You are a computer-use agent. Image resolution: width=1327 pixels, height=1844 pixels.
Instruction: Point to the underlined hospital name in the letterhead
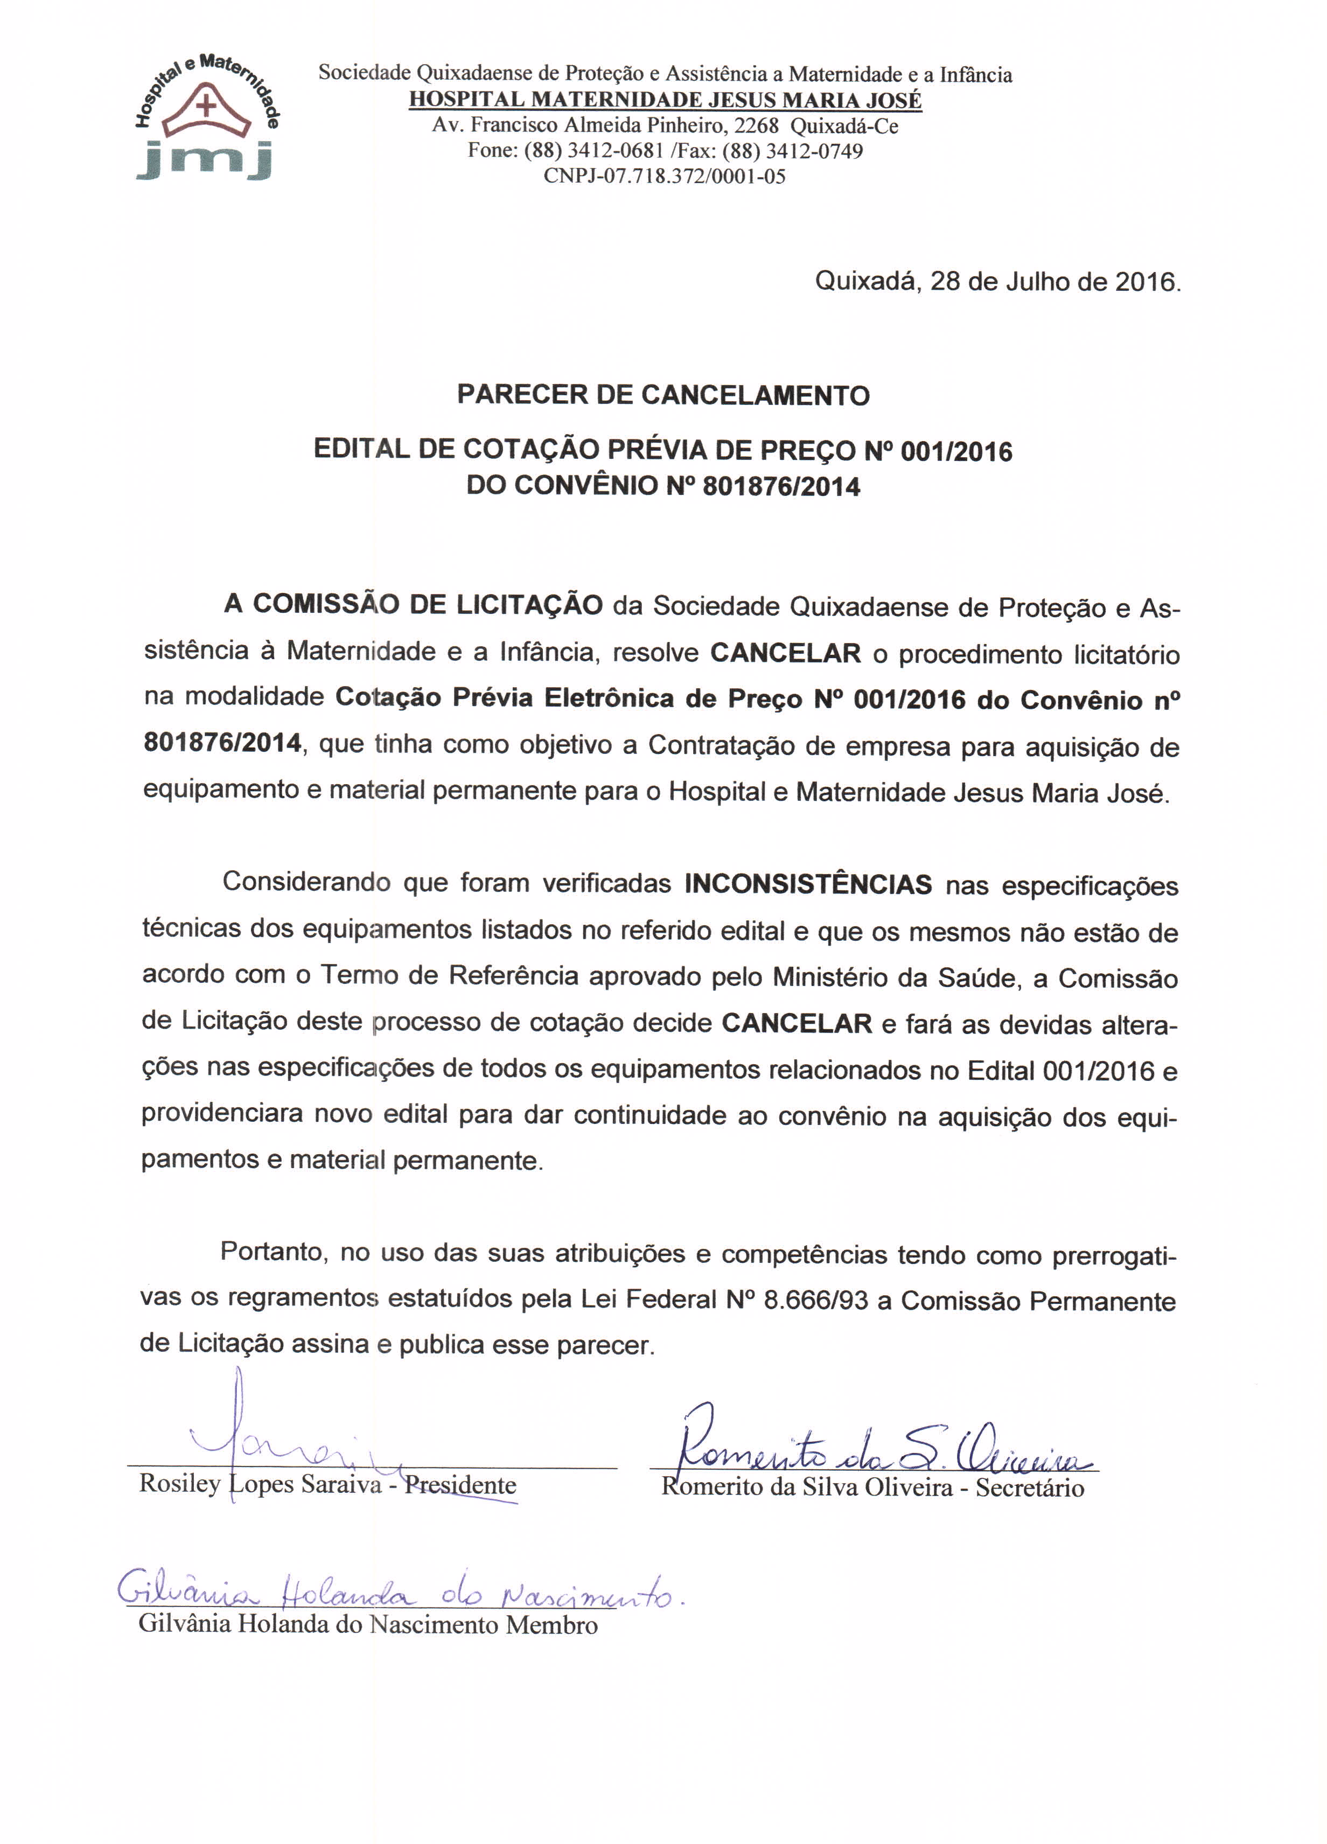(665, 100)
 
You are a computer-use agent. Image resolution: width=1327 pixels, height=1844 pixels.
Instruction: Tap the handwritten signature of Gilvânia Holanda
(399, 1595)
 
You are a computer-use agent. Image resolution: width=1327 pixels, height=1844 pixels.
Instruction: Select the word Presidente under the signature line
(460, 1485)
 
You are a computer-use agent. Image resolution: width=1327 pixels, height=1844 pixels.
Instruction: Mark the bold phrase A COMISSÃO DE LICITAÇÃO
(413, 605)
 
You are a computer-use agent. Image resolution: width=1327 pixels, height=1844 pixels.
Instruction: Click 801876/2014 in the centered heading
(780, 486)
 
